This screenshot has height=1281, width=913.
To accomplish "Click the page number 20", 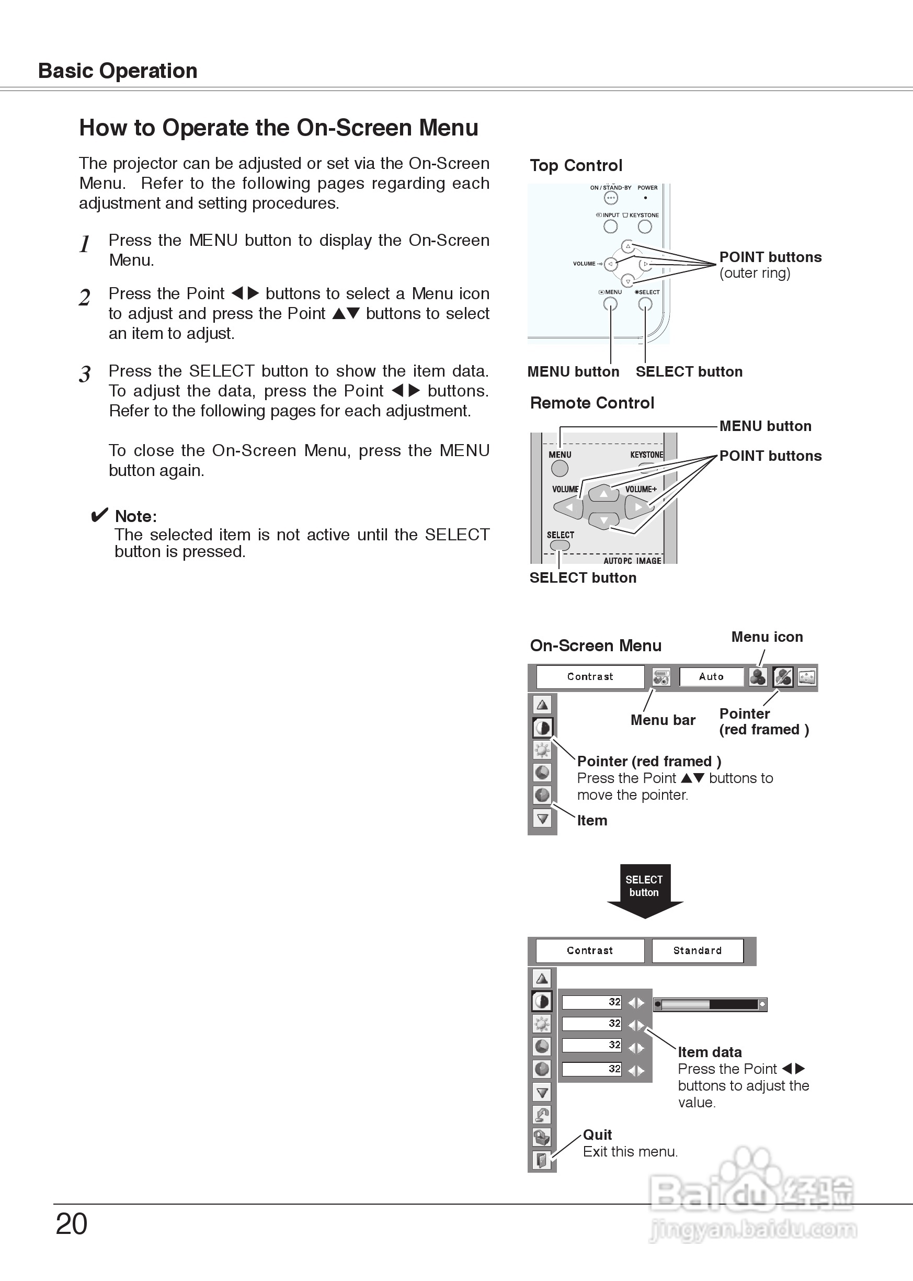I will [72, 1223].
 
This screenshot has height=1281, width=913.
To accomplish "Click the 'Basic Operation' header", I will [118, 71].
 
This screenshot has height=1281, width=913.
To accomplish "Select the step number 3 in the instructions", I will [85, 374].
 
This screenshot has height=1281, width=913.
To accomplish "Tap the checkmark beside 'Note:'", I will [99, 515].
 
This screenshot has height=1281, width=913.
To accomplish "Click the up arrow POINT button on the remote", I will [604, 493].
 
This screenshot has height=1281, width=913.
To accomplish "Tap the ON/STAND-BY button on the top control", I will [611, 198].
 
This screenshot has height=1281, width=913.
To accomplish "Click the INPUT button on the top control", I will [611, 226].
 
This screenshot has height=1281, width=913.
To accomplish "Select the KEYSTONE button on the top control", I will [645, 226].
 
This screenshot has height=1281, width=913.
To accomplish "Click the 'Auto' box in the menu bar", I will [711, 676].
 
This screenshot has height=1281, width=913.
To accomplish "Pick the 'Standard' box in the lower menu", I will [697, 950].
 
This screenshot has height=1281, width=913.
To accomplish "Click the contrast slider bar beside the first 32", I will [710, 1004].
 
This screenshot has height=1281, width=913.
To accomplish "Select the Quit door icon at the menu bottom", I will [542, 1160].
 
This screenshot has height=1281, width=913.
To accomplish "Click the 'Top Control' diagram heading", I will [576, 165].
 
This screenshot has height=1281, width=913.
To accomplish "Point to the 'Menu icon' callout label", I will [767, 637].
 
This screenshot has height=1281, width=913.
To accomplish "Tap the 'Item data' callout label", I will [710, 1052].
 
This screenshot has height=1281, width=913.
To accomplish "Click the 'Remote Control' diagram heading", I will [592, 403].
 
